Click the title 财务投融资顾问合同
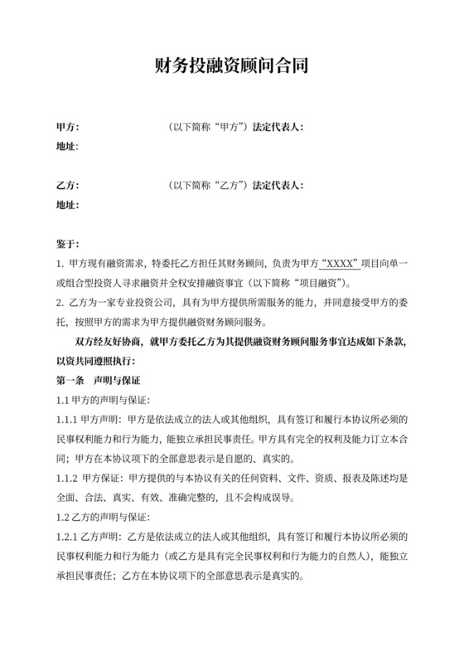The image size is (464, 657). pos(232,67)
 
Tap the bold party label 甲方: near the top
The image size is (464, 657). pos(67,127)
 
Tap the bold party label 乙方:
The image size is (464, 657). pos(67,184)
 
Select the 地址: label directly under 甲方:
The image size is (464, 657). pos(67,146)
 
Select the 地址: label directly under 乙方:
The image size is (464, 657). pos(67,203)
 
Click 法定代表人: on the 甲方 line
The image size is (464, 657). pos(279,127)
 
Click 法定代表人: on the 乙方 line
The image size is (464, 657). pos(279,184)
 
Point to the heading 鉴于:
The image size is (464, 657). pos(67,244)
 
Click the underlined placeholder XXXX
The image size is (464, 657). pos(336,264)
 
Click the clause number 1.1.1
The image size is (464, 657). pos(67,419)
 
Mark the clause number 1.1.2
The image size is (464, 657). pos(67,479)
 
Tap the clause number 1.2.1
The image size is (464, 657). pos(67,538)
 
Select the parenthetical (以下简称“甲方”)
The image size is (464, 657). pos(208,127)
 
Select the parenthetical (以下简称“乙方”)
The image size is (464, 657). pos(208,184)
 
